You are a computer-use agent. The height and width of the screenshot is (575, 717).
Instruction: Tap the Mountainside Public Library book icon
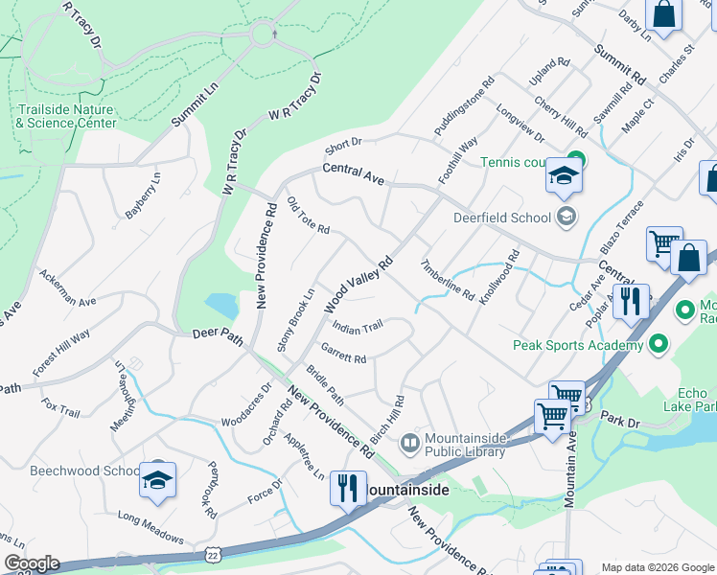(409, 442)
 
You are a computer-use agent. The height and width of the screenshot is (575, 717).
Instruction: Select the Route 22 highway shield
(212, 555)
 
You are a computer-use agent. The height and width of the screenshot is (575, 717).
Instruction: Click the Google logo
(31, 563)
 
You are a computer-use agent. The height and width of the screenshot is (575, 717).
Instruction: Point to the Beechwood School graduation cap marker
(157, 481)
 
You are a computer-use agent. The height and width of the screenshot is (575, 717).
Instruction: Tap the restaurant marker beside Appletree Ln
(347, 488)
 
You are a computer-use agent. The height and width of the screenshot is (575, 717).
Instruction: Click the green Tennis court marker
(575, 159)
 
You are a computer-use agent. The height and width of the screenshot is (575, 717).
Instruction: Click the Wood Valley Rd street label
(358, 285)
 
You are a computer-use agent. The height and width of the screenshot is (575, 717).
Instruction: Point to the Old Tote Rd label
(309, 217)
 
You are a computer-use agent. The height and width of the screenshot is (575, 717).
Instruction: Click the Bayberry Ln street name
(142, 196)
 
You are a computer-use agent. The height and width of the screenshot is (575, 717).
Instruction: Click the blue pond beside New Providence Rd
(221, 306)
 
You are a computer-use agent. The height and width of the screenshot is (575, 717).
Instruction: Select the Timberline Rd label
(447, 279)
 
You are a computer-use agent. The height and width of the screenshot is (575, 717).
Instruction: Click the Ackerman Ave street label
(68, 287)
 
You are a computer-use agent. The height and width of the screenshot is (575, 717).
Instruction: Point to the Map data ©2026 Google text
(658, 567)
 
